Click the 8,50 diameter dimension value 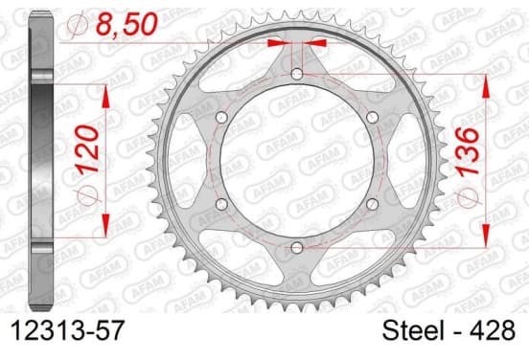[127, 24]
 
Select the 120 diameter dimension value [87, 149]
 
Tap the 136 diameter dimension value [468, 151]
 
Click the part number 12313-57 [68, 330]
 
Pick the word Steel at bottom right [413, 330]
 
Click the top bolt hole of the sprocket [297, 74]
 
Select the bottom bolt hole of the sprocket [297, 248]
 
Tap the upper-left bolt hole [221, 118]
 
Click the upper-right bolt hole [373, 118]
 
